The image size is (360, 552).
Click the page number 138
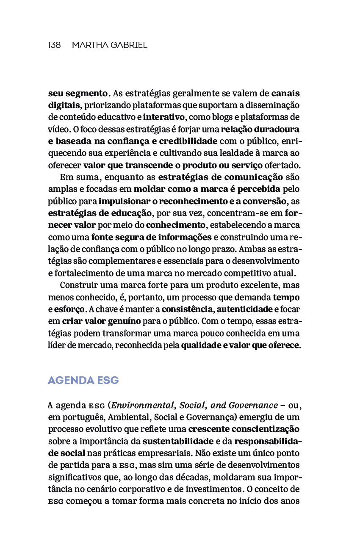click(x=54, y=45)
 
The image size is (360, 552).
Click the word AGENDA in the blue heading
click(x=71, y=381)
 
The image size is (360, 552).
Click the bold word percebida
click(x=259, y=188)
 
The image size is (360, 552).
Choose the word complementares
click(x=124, y=261)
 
